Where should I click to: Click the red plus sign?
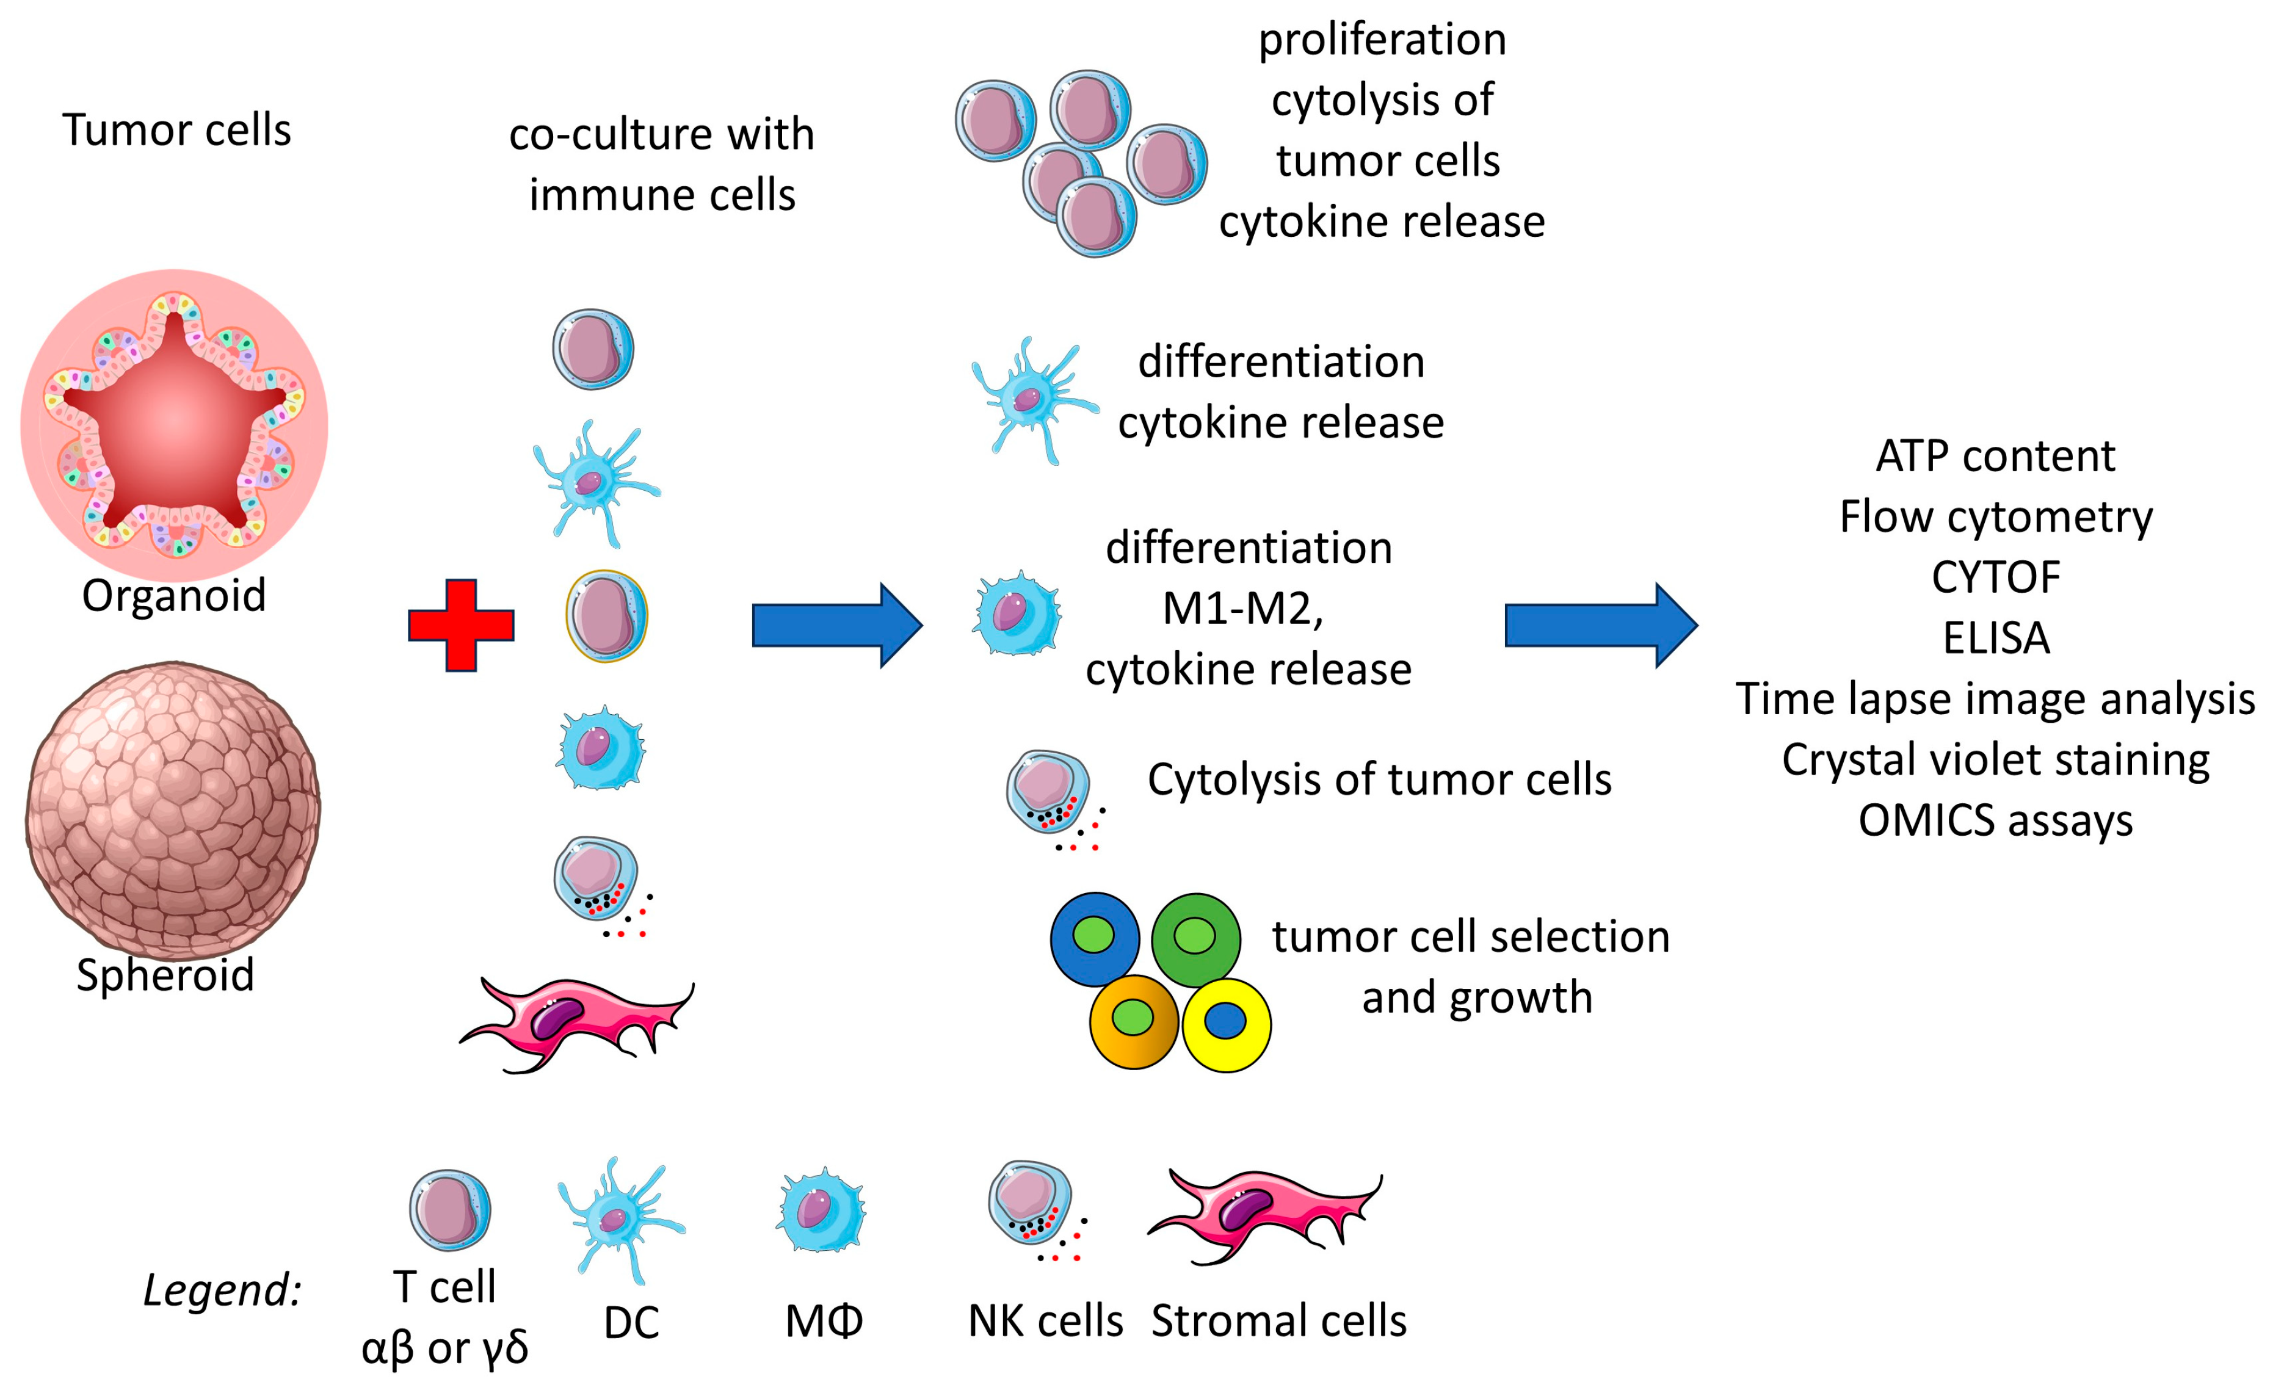point(461,626)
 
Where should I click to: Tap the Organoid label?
point(174,595)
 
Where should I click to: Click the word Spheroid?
point(165,975)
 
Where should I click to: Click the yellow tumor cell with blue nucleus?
point(1225,1025)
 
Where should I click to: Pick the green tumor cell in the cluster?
point(1196,938)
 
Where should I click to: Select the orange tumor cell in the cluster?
point(1133,1021)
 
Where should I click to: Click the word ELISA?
point(1996,639)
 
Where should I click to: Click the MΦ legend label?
point(823,1321)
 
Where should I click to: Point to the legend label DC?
point(631,1323)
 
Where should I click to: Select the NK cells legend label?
point(1045,1321)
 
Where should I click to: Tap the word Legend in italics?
point(222,1290)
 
